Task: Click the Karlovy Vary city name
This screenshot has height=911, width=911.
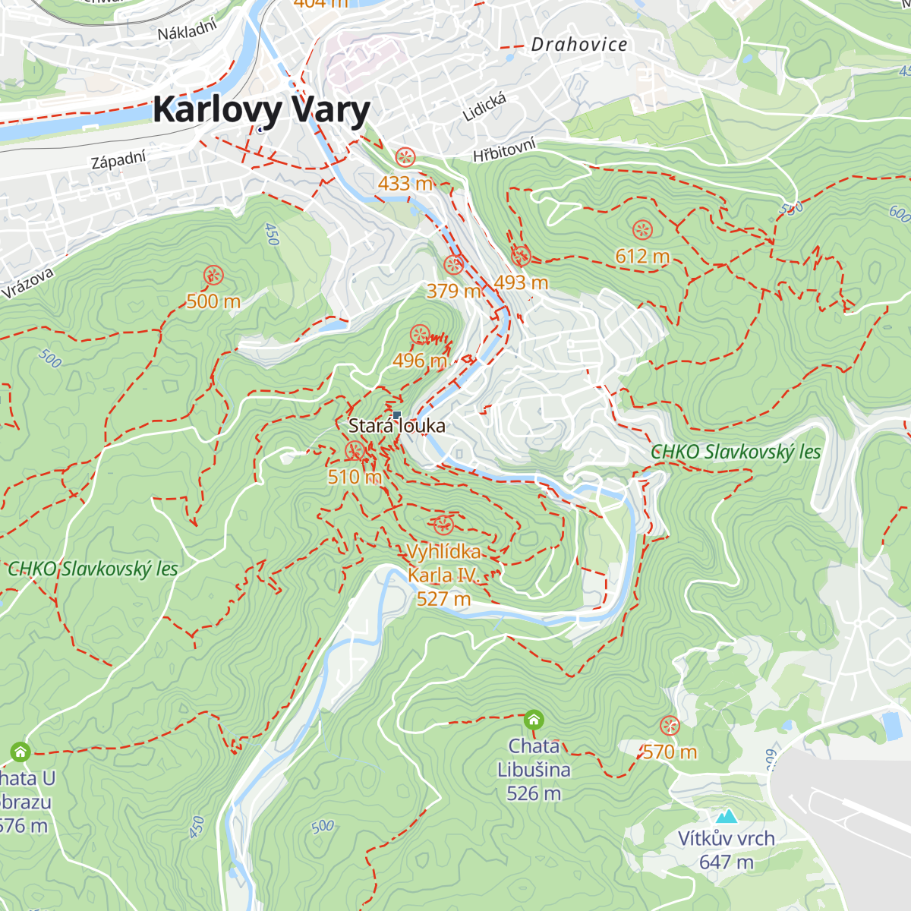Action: click(x=261, y=110)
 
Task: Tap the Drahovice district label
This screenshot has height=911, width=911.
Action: click(x=579, y=45)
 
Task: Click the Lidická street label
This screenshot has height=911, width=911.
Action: click(x=484, y=107)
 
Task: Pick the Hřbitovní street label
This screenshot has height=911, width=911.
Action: click(x=504, y=150)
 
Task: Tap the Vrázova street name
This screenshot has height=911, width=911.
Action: click(x=28, y=282)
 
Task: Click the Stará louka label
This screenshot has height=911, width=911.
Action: click(x=396, y=426)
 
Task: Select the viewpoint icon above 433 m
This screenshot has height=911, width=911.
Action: click(x=405, y=157)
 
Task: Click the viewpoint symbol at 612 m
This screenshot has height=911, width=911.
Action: click(x=642, y=229)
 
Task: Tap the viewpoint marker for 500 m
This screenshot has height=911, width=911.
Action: click(x=213, y=275)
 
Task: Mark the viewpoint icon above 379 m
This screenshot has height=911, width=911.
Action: click(x=453, y=265)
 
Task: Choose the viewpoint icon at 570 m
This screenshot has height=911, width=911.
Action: click(x=669, y=726)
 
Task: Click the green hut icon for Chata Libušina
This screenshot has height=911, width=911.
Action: click(x=534, y=719)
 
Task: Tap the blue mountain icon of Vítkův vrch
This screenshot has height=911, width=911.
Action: click(x=727, y=817)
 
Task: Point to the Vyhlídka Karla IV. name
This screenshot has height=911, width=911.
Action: click(x=443, y=563)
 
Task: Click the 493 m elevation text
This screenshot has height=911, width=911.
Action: click(x=521, y=282)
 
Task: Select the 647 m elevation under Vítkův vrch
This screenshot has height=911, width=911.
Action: click(x=727, y=862)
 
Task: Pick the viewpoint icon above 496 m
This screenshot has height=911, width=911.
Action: click(x=420, y=334)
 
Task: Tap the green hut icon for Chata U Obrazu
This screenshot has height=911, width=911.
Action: click(x=20, y=752)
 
